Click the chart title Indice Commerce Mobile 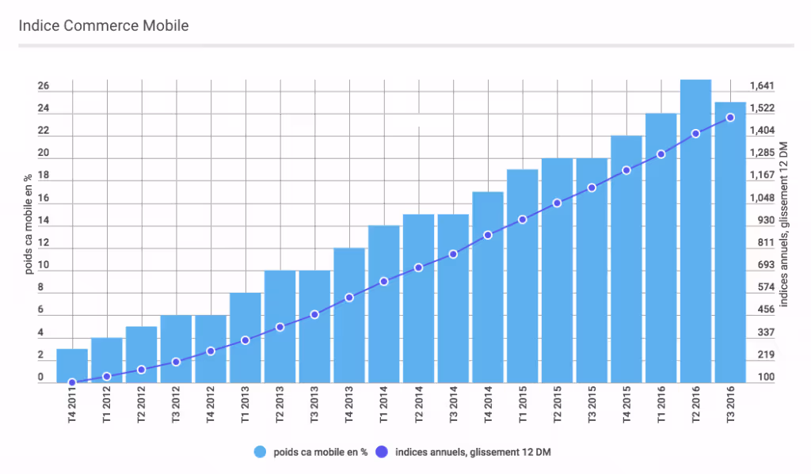click(104, 25)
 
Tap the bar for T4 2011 click(72, 366)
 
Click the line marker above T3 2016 click(730, 117)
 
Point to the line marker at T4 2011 click(72, 383)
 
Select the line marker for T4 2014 click(488, 235)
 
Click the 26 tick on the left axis click(44, 85)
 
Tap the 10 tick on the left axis click(44, 265)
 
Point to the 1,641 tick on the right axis click(761, 85)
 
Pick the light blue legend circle click(260, 452)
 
